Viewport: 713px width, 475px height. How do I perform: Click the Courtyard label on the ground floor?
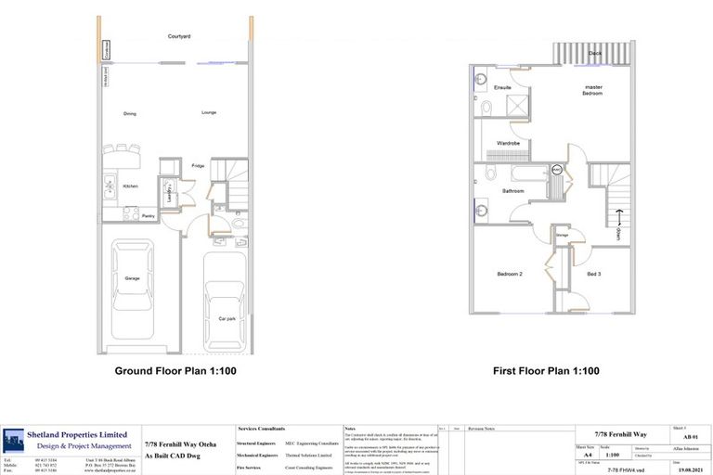[179, 36]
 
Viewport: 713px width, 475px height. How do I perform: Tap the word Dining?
[130, 114]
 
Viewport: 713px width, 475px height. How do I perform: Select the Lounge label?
[209, 113]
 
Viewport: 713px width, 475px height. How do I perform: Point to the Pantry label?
[149, 216]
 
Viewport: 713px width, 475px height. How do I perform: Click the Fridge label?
[198, 166]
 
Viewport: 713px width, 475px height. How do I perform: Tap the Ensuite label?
[503, 88]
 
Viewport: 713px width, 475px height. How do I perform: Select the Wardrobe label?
[508, 144]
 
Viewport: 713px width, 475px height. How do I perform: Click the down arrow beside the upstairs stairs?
[618, 220]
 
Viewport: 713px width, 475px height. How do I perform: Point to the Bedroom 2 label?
[510, 275]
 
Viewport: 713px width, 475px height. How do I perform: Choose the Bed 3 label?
[593, 275]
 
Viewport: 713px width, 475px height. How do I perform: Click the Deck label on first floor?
[593, 54]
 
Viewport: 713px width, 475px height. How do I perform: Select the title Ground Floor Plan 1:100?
[175, 371]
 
